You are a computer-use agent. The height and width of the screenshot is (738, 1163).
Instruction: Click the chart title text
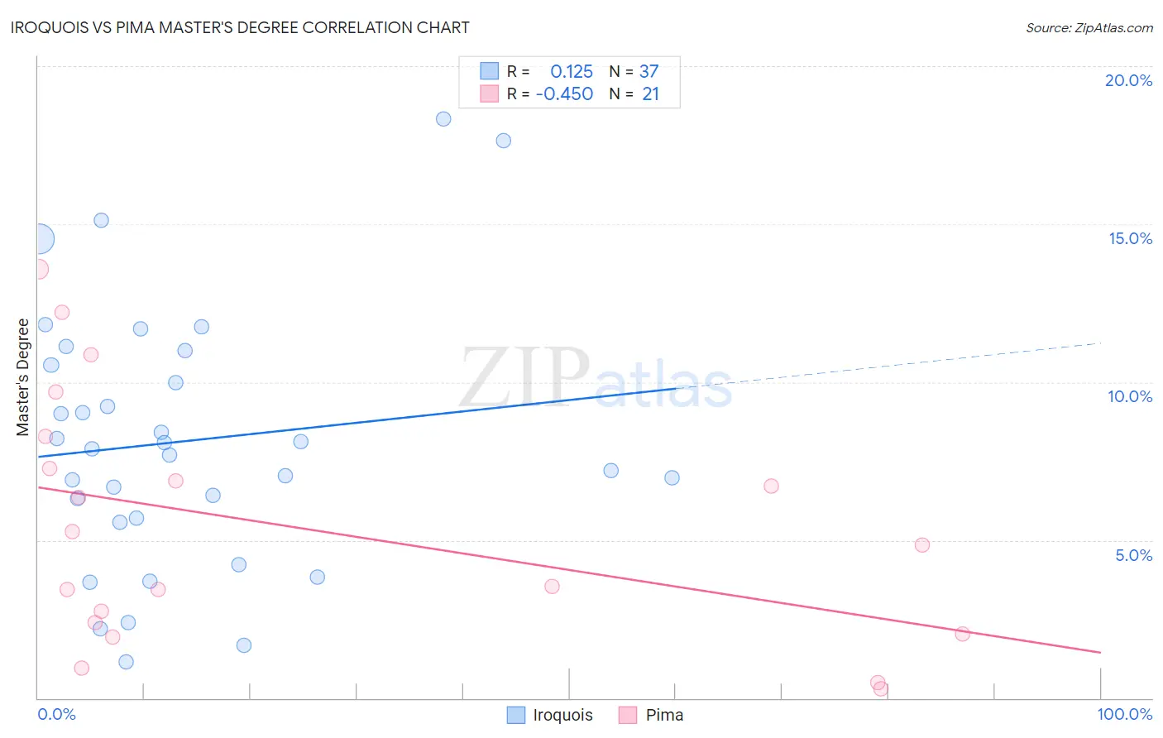pyautogui.click(x=240, y=27)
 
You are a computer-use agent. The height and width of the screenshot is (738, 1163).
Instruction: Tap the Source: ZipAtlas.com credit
pyautogui.click(x=1089, y=27)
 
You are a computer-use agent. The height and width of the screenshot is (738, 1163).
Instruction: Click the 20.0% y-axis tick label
pyautogui.click(x=1128, y=80)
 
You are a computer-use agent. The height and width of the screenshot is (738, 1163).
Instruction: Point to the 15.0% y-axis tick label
pyautogui.click(x=1130, y=238)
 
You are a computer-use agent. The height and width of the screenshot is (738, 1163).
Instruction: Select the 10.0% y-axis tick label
pyautogui.click(x=1130, y=396)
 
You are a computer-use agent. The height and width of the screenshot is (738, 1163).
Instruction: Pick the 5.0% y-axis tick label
pyautogui.click(x=1133, y=555)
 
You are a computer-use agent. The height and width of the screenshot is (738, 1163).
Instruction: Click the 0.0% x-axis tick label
pyautogui.click(x=56, y=714)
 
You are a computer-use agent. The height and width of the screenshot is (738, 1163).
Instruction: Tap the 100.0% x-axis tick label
pyautogui.click(x=1124, y=714)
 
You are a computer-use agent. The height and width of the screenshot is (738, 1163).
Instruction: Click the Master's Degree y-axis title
pyautogui.click(x=23, y=376)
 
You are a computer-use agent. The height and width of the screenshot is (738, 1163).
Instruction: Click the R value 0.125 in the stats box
pyautogui.click(x=572, y=71)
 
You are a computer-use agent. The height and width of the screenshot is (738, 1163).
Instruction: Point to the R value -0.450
pyautogui.click(x=564, y=93)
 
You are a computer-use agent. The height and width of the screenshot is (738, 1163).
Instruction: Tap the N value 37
pyautogui.click(x=649, y=71)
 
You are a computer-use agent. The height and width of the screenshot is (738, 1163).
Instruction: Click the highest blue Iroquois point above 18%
pyautogui.click(x=443, y=118)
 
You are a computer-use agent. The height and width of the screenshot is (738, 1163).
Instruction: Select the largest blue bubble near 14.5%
pyautogui.click(x=39, y=239)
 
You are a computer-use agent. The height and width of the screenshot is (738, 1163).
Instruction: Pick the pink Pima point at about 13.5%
pyautogui.click(x=38, y=269)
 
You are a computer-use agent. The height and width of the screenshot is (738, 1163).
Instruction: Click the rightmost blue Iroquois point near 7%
pyautogui.click(x=672, y=477)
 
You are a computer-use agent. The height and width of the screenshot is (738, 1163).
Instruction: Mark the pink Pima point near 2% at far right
pyautogui.click(x=962, y=634)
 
